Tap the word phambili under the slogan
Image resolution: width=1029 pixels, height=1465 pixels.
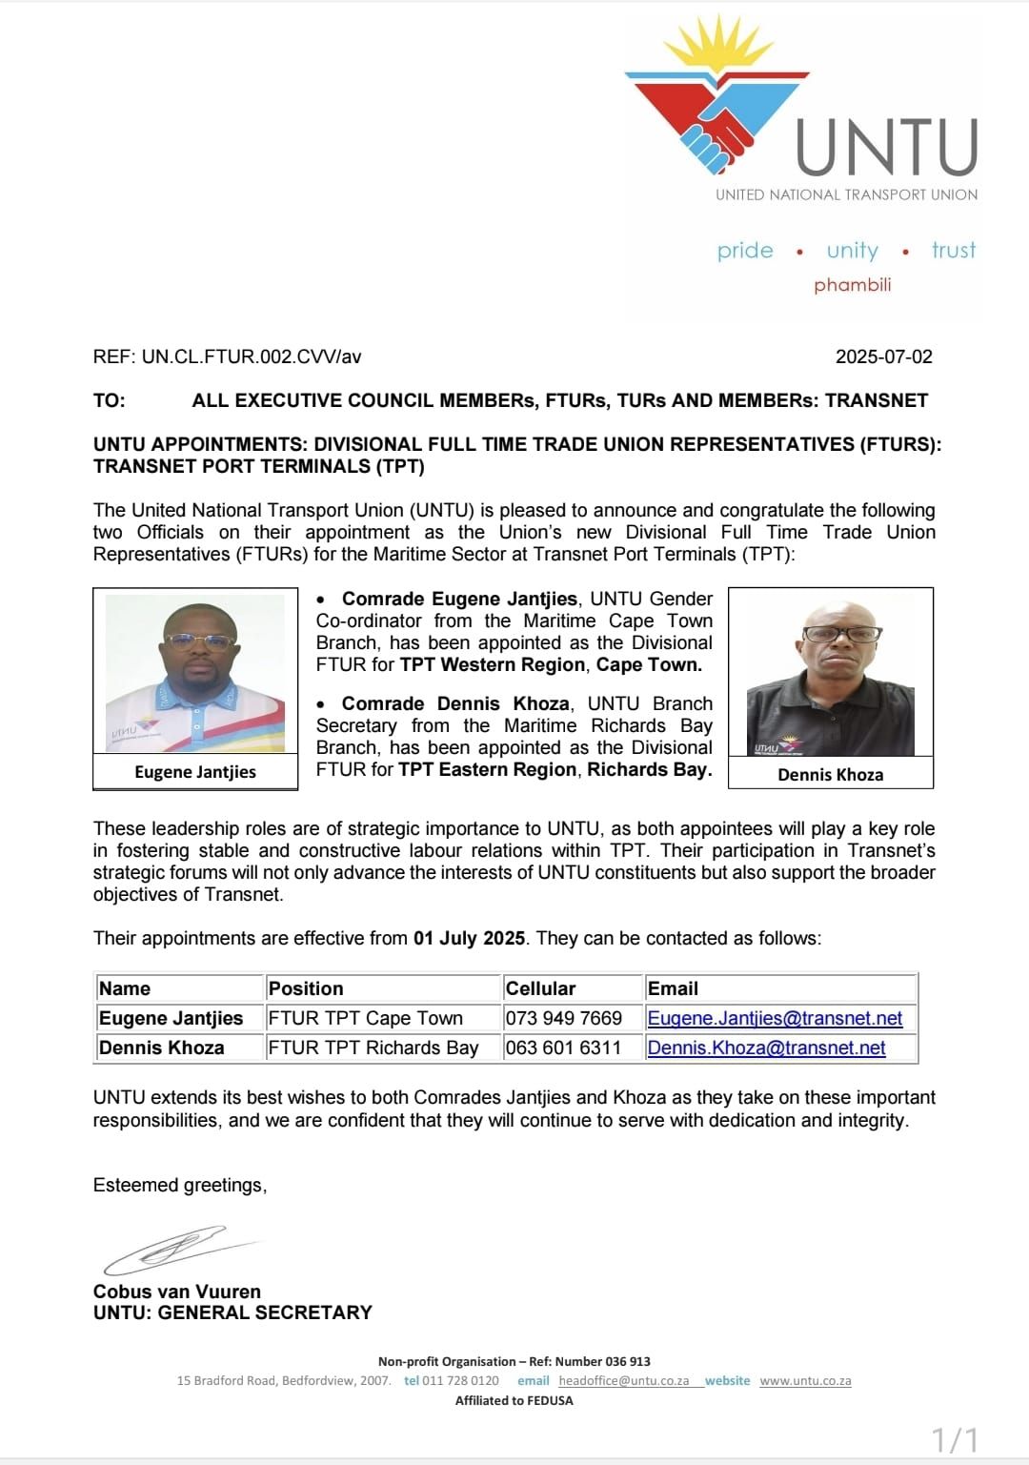852,285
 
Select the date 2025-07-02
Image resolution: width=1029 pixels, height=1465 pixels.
883,356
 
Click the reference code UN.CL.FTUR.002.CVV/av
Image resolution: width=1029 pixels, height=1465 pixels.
252,356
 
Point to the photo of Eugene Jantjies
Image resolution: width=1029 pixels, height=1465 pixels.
195,673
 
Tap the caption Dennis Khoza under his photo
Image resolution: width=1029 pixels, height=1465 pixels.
830,775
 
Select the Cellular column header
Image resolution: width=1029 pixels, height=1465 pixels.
540,988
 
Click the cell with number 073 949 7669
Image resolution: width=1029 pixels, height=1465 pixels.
563,1018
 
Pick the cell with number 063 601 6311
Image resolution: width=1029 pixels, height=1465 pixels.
563,1048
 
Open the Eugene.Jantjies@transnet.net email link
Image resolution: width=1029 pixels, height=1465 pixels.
775,1018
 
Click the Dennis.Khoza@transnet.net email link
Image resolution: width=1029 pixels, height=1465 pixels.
766,1048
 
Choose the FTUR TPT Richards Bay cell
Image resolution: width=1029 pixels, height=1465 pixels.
373,1048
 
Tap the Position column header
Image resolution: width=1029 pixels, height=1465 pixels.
306,988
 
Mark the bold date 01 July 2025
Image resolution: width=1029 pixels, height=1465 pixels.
469,938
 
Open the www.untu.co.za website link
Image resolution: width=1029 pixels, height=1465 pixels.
805,1380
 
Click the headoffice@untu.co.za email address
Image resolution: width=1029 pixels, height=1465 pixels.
623,1380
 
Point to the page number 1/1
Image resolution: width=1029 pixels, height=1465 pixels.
955,1439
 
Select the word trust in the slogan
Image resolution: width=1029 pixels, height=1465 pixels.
954,250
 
